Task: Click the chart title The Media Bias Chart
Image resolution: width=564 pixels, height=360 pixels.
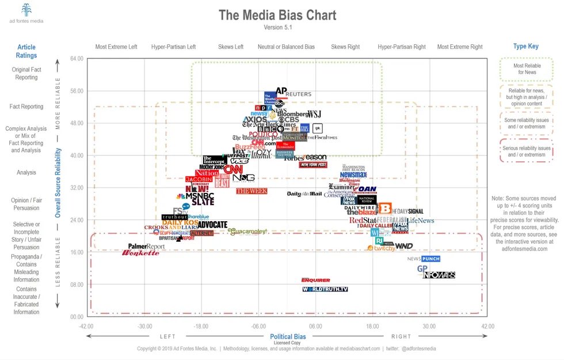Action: click(277, 15)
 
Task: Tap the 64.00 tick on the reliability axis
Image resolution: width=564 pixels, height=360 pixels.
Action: click(77, 59)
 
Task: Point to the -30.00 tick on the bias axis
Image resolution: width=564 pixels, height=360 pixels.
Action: click(144, 325)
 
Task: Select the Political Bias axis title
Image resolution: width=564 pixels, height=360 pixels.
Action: click(288, 336)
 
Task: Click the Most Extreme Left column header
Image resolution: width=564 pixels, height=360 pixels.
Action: click(116, 47)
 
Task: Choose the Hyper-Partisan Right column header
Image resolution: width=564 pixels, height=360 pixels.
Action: click(402, 47)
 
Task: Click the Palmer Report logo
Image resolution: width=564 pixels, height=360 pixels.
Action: click(146, 247)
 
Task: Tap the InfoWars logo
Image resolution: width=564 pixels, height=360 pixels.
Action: click(439, 275)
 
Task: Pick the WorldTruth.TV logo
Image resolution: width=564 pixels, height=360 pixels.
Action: click(325, 289)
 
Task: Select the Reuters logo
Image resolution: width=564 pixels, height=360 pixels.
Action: click(298, 94)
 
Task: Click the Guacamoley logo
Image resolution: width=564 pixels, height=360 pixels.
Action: click(247, 232)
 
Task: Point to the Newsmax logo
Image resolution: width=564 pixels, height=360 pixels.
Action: click(353, 175)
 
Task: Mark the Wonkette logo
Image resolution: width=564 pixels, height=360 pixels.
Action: click(140, 253)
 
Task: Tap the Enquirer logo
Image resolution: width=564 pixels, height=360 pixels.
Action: click(316, 280)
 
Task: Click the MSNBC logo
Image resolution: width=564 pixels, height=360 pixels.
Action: click(199, 196)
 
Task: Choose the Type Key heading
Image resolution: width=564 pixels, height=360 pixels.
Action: click(526, 47)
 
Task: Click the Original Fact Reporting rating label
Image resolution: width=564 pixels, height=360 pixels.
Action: click(26, 73)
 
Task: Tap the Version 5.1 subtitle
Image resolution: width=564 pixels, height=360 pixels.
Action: click(277, 28)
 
